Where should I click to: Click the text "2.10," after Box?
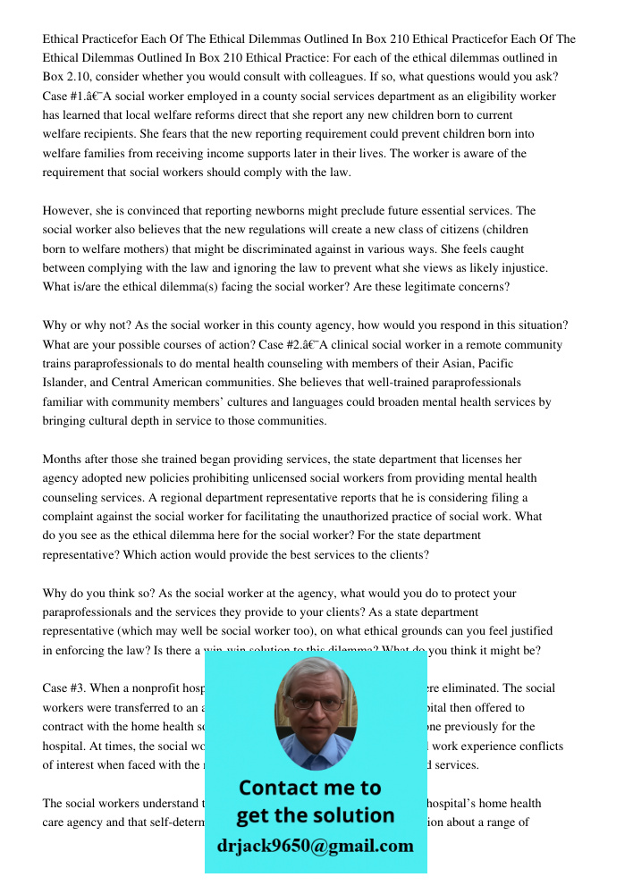tap(82, 78)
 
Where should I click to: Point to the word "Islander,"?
tap(67, 383)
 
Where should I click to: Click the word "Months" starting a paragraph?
tap(63, 460)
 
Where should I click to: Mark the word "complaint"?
tap(72, 517)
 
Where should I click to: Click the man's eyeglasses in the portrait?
tap(315, 703)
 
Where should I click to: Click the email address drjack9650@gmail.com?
tap(315, 845)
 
